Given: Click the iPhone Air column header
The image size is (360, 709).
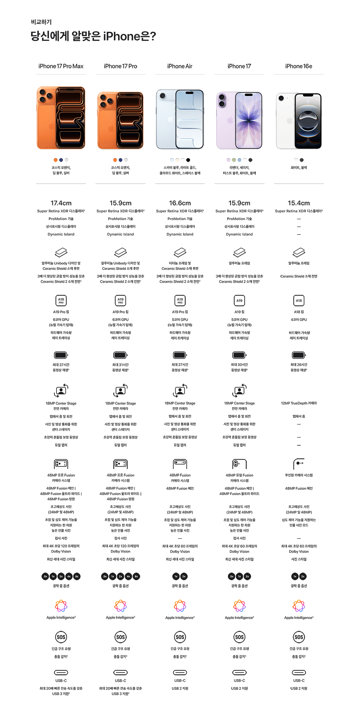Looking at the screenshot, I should pos(180,66).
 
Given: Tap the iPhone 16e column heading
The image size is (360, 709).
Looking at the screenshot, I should pos(299,66).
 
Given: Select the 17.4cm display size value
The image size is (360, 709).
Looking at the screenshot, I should pos(61,203).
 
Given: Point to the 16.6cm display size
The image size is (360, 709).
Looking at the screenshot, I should pos(180,203).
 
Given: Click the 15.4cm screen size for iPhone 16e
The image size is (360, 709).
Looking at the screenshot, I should pos(299,203).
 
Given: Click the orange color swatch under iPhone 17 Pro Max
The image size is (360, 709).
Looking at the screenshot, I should pos(56,160).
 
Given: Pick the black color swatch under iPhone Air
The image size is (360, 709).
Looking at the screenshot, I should pos(188,160).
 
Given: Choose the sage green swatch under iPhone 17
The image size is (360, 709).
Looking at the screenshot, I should pos(234,160).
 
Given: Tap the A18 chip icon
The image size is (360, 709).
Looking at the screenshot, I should pos(299,300).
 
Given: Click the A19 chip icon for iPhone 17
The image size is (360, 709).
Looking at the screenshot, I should pos(239,300).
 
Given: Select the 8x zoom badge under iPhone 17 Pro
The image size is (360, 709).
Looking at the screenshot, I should pos(136,577).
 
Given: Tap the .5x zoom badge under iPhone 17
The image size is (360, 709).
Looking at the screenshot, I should pos(232,577).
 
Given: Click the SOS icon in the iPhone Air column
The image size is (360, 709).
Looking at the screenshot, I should pos(180,637).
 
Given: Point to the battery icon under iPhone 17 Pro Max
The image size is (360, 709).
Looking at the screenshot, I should pos(61,355).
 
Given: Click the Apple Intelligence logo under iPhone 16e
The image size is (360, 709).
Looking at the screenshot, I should pos(299,606).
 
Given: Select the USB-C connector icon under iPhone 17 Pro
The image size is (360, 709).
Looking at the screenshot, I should pos(120,673).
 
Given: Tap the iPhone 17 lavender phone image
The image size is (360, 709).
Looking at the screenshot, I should pos(239,120).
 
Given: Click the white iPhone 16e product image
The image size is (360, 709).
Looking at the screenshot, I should pos(299,121).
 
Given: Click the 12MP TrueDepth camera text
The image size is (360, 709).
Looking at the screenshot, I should pos(299,403).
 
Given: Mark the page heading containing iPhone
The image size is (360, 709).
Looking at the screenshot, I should pos(93,36).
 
